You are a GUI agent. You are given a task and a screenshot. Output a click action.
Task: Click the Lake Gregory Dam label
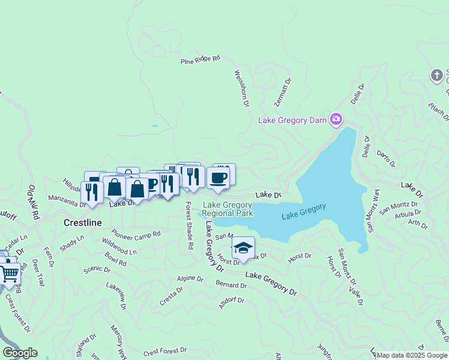293,120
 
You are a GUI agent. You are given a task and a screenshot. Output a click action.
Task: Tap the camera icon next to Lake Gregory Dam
336,119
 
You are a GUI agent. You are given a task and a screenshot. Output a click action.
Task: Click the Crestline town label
82,222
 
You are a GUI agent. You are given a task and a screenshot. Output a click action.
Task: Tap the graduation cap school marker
243,248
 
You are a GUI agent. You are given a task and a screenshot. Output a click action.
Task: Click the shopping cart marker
10,273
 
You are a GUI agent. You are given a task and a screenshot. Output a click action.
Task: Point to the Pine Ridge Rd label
200,59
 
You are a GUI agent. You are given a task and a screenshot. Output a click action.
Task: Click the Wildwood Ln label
119,247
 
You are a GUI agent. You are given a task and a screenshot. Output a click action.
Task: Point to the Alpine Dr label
191,278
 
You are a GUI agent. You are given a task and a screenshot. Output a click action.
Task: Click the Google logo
19,353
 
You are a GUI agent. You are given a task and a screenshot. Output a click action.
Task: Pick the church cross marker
437,75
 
